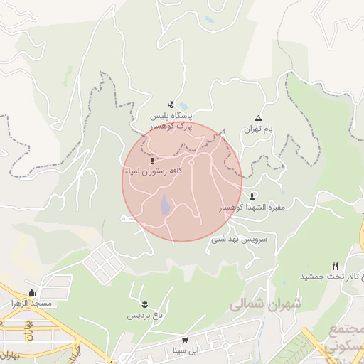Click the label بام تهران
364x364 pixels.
tap(258, 130)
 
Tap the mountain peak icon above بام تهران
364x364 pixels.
tap(258, 119)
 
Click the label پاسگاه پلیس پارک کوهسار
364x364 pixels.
tap(171, 119)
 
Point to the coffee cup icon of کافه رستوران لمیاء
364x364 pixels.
tap(153, 160)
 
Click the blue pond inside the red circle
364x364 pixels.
tap(165, 206)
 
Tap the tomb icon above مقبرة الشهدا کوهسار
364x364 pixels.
tap(252, 196)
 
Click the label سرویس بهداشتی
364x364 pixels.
tap(239, 240)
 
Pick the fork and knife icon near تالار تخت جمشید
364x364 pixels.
tap(335, 266)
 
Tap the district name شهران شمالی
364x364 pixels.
tap(267, 304)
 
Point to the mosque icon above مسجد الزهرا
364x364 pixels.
tap(31, 292)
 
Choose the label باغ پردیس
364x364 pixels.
tap(145, 315)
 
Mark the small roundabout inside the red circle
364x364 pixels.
tap(191, 162)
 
